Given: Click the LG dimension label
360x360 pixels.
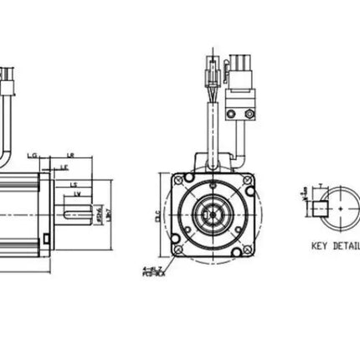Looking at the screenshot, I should click(33, 155).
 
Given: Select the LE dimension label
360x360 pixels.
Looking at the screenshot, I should click(63, 167).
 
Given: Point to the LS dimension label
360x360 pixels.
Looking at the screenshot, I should click(74, 184).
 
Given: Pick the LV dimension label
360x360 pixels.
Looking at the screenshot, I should click(77, 194).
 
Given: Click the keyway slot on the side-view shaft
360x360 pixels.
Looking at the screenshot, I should click(78, 220).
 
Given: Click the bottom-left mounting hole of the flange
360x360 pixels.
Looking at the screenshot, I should click(179, 249).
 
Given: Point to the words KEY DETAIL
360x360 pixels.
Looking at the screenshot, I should click(335, 247).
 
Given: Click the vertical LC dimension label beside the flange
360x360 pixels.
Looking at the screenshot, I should click(157, 214).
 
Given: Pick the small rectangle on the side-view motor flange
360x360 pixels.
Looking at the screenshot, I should click(41, 239).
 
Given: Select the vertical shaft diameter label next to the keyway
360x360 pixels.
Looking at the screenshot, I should click(99, 215).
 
